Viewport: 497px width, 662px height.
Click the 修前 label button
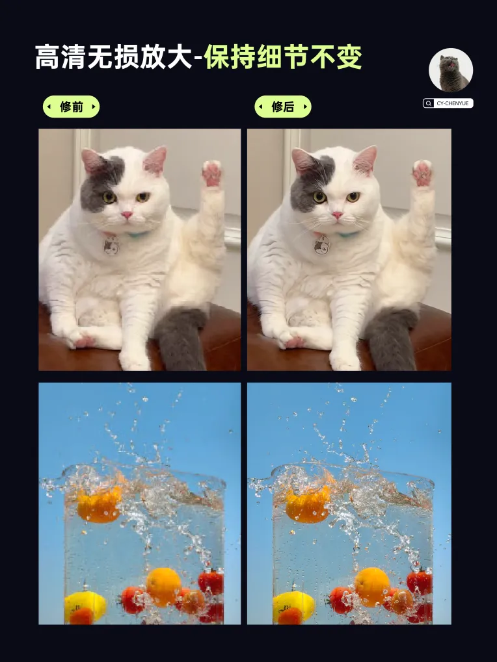[x=71, y=107]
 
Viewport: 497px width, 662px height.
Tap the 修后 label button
[x=283, y=107]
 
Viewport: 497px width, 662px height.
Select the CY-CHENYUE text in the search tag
[x=453, y=103]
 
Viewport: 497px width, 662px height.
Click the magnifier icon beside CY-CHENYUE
[x=429, y=103]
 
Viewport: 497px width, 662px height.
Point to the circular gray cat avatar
[x=451, y=70]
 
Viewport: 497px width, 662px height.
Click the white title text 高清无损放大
[x=113, y=57]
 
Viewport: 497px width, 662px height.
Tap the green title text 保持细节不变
[x=283, y=57]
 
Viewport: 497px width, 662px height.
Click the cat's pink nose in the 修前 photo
[x=127, y=215]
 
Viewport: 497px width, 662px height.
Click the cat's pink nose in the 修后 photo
[x=337, y=215]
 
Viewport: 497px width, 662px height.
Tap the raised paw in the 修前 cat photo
[x=211, y=173]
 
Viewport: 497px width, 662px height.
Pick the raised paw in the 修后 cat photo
[x=422, y=173]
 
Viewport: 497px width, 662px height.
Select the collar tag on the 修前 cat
[x=112, y=246]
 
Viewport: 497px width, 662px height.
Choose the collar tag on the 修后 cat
[x=321, y=246]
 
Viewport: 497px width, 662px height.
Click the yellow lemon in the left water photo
[x=85, y=605]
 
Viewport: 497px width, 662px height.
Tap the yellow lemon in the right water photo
[x=294, y=605]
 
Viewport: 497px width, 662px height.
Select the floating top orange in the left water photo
[x=99, y=505]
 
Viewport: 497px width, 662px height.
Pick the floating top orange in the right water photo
[x=308, y=505]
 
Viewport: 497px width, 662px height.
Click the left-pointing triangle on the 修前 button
[x=49, y=107]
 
